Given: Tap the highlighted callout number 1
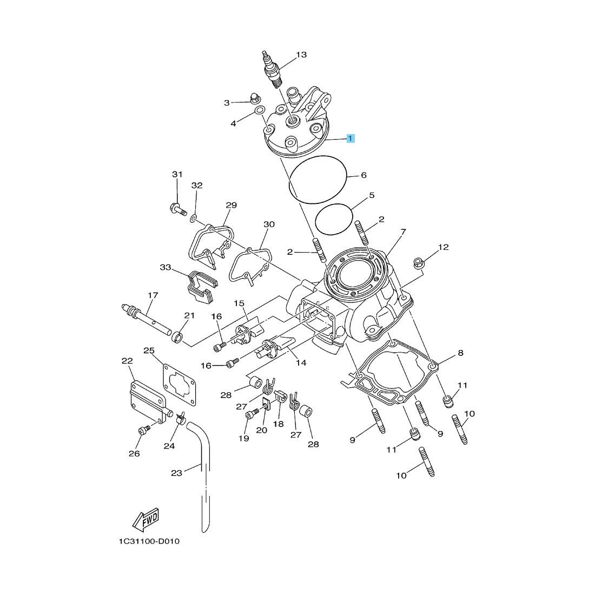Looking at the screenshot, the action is pyautogui.click(x=351, y=138).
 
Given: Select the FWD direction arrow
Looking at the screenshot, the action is pyautogui.click(x=146, y=520).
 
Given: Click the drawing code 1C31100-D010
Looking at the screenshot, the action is pyautogui.click(x=149, y=541).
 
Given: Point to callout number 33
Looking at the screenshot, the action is pyautogui.click(x=166, y=267).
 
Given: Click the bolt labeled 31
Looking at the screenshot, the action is pyautogui.click(x=177, y=208).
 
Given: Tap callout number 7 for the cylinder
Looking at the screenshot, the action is pyautogui.click(x=403, y=232).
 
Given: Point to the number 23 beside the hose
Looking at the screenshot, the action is pyautogui.click(x=176, y=473).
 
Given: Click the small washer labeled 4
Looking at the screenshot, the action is pyautogui.click(x=260, y=110).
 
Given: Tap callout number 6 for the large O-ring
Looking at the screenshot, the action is pyautogui.click(x=363, y=175).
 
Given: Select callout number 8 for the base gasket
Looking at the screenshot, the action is pyautogui.click(x=460, y=353).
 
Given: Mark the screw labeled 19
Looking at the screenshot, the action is pyautogui.click(x=253, y=415).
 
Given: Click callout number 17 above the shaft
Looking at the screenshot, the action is pyautogui.click(x=153, y=295).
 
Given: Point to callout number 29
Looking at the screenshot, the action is pyautogui.click(x=231, y=205).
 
